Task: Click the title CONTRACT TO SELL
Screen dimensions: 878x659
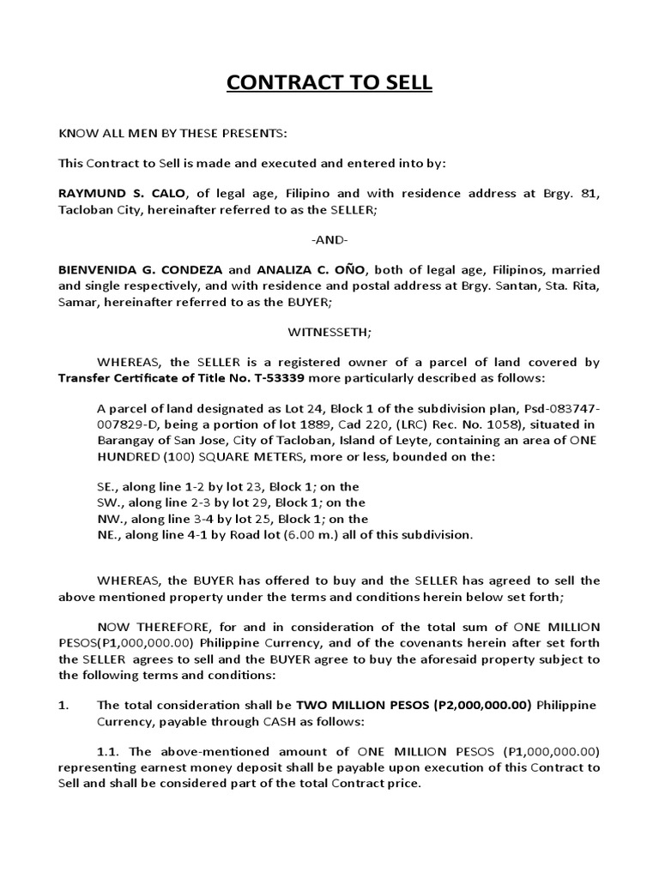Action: (x=329, y=83)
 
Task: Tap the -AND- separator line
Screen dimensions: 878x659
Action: (x=329, y=239)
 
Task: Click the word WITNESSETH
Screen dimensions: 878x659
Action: (x=329, y=331)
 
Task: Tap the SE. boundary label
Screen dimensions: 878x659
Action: (x=107, y=487)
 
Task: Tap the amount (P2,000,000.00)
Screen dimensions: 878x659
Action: (x=466, y=705)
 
